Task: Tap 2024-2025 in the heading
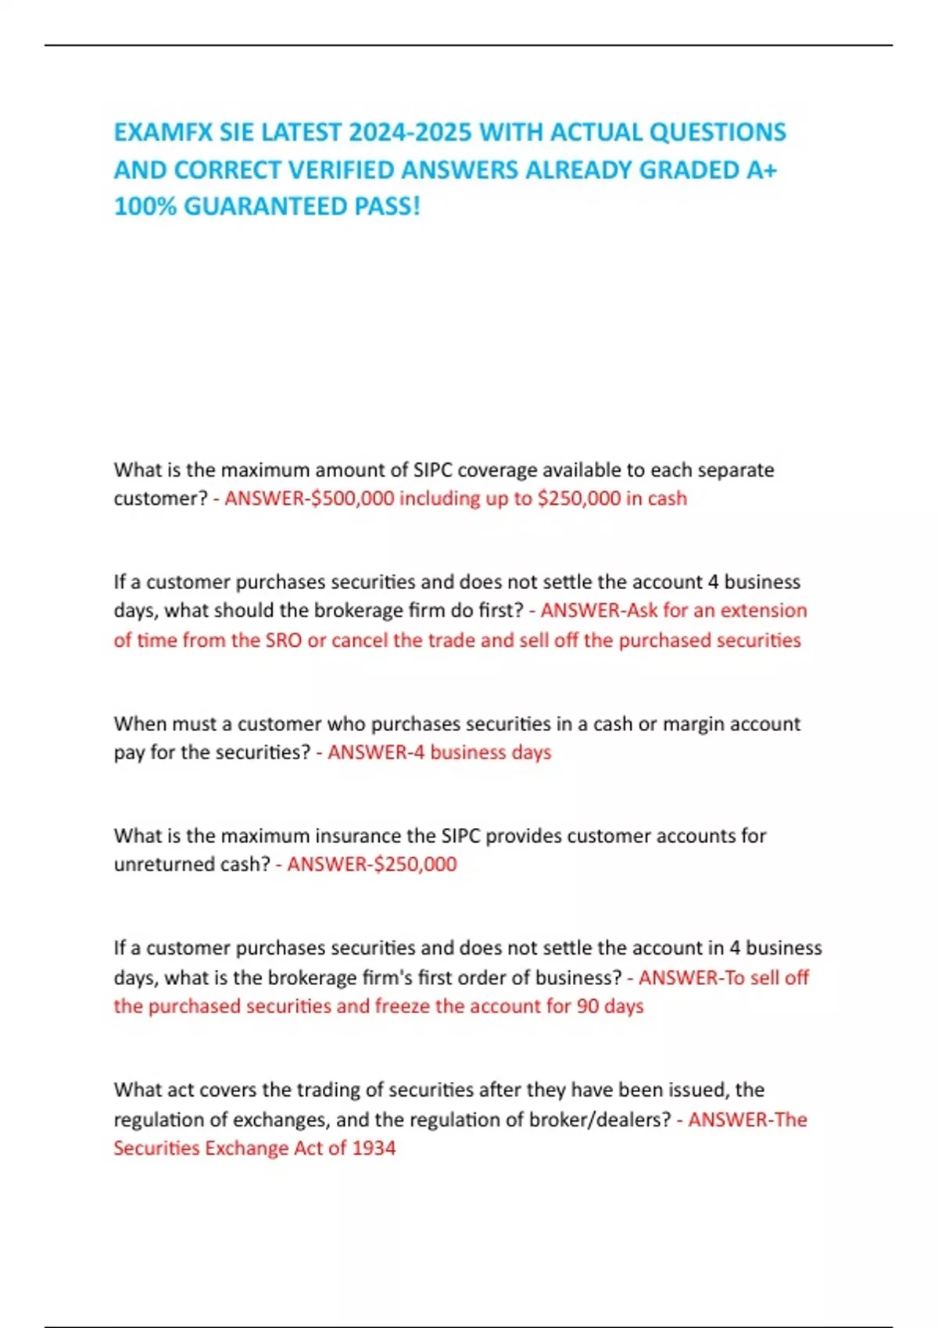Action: tap(410, 132)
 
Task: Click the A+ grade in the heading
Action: tap(761, 170)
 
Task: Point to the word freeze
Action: tap(402, 1006)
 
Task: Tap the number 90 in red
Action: tap(588, 1006)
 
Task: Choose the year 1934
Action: tap(374, 1148)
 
